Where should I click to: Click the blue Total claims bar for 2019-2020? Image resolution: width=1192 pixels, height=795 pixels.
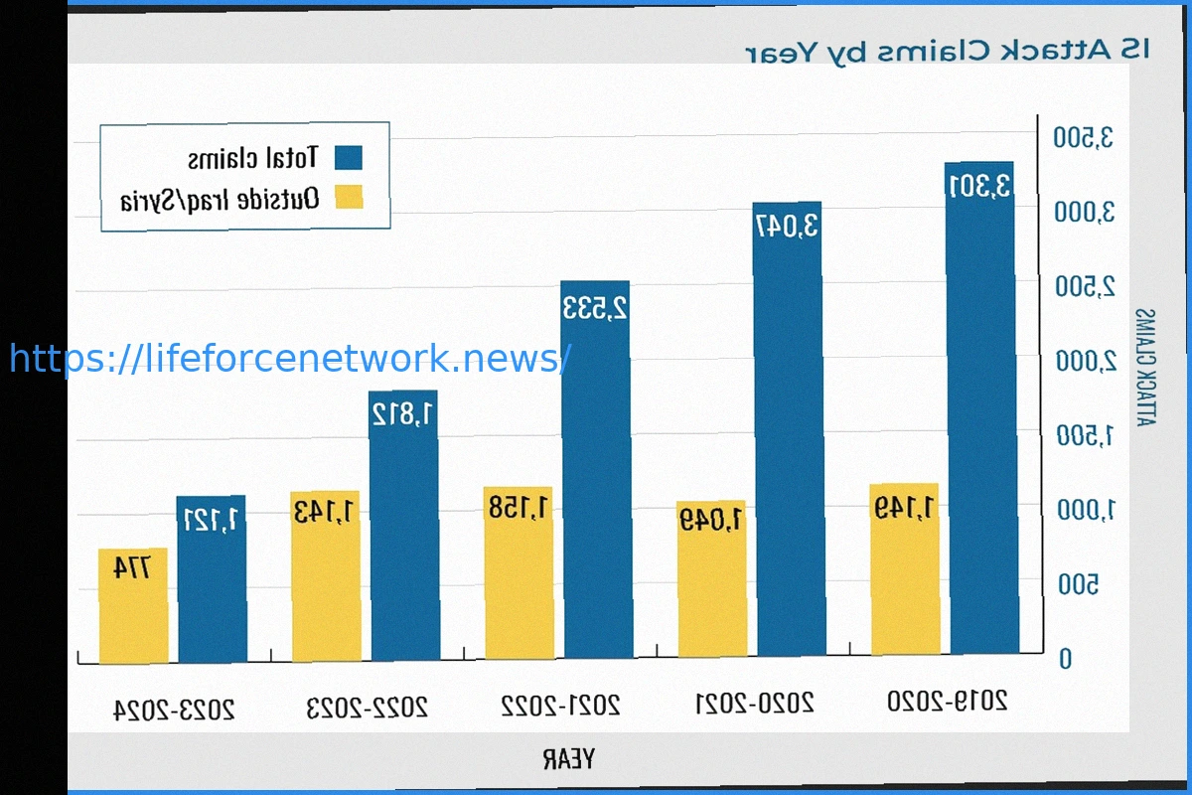[980, 407]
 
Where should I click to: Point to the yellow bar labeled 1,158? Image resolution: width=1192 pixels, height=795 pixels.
[519, 572]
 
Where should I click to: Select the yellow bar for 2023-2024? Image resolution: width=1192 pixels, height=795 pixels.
[132, 606]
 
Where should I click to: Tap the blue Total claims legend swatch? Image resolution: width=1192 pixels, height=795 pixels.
[349, 158]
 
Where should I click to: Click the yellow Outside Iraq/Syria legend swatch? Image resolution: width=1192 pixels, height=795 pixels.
[349, 197]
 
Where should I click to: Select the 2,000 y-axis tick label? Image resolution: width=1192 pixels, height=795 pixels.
[1086, 361]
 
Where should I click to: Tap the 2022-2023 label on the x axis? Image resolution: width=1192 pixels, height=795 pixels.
[367, 708]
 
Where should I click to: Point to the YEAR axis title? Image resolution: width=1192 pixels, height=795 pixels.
[568, 760]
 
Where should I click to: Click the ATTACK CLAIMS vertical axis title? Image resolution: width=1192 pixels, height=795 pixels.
[1145, 368]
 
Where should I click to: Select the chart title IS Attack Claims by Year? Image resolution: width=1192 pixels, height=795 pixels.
[948, 50]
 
